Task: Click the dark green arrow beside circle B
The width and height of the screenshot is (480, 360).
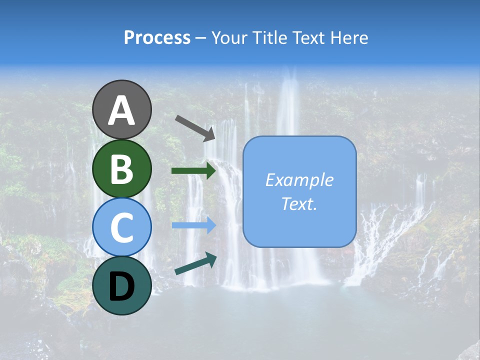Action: coord(193,171)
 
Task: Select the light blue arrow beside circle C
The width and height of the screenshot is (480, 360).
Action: coord(193,225)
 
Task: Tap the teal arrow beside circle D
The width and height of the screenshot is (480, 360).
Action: coord(195,263)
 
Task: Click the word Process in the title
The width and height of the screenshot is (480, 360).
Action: coord(157,38)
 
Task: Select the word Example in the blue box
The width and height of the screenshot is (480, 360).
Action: coord(299,180)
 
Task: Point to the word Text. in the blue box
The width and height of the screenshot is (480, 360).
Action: coord(299,203)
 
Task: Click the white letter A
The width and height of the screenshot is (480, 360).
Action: coord(121,110)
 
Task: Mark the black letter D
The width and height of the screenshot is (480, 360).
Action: coord(121,286)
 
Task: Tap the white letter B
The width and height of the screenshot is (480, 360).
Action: coord(121,168)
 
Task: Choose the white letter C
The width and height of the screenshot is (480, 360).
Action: coord(121,227)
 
